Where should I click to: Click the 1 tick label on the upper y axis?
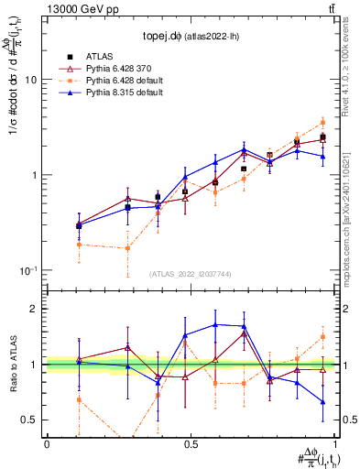point(35,175)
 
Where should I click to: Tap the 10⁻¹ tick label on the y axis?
point(30,270)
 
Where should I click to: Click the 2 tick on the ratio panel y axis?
point(35,309)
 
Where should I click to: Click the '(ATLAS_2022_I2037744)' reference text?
point(190,274)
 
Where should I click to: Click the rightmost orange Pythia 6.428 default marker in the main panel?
point(322,122)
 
